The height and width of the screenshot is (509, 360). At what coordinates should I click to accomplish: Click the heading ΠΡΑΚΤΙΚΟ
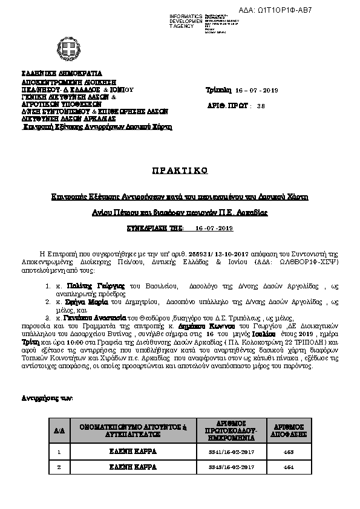pyautogui.click(x=180, y=170)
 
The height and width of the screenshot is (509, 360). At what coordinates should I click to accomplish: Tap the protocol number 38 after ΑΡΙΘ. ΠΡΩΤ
pyautogui.click(x=261, y=105)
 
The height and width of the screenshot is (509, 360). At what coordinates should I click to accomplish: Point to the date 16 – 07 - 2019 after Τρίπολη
pyautogui.click(x=257, y=90)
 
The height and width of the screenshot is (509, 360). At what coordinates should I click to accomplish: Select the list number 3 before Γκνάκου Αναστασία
pyautogui.click(x=47, y=317)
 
